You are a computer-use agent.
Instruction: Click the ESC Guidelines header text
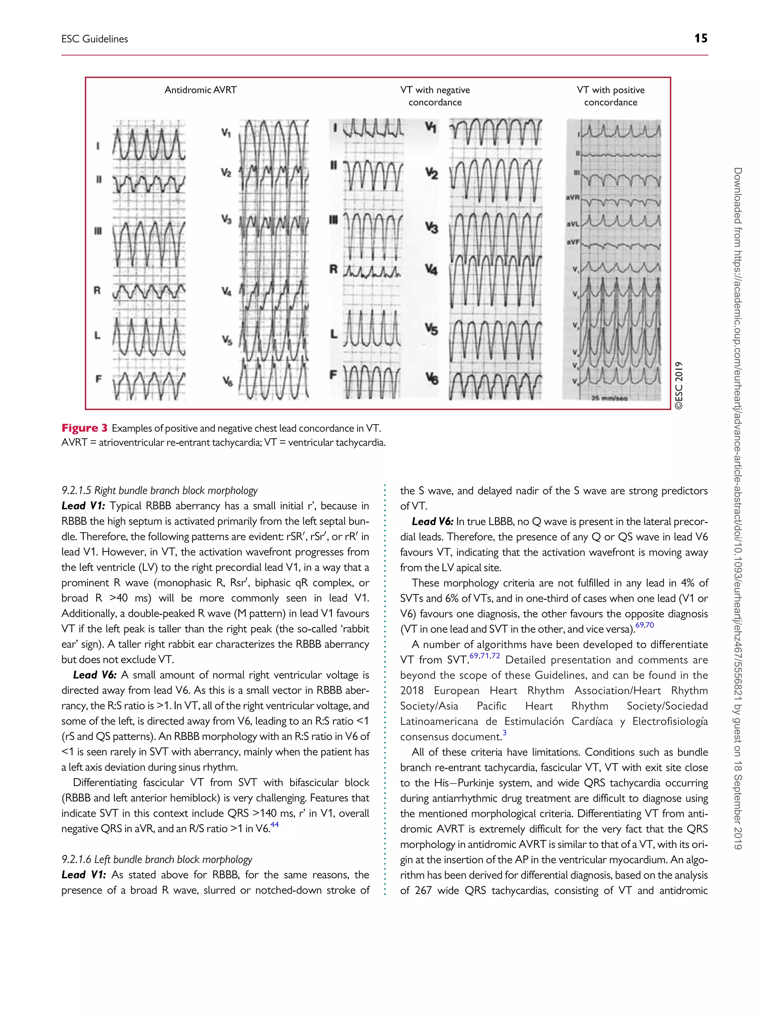95,39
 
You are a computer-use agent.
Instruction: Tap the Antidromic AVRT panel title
200,90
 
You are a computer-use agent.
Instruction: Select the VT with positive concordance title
610,96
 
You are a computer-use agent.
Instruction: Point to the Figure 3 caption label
84,428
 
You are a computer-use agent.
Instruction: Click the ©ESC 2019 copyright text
679,385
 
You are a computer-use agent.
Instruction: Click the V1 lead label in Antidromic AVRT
225,133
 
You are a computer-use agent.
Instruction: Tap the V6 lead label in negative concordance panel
431,378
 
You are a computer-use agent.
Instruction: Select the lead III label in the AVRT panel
98,231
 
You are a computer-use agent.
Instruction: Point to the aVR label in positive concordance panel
573,197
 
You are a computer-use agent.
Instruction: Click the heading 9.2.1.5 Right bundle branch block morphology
159,490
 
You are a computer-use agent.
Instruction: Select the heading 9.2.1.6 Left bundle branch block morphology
157,859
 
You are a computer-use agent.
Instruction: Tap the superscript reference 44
275,825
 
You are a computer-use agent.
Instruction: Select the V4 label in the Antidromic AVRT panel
226,291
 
